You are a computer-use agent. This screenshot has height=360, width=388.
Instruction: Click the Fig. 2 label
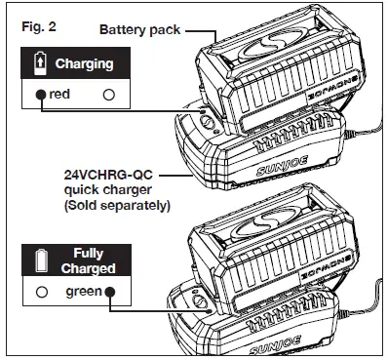click(33, 20)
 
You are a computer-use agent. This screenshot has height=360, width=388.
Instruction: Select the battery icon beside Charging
click(39, 63)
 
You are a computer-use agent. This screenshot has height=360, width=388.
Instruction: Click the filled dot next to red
click(41, 95)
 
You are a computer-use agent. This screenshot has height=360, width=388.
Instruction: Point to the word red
click(59, 95)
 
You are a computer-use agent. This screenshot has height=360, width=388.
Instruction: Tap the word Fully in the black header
click(89, 253)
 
